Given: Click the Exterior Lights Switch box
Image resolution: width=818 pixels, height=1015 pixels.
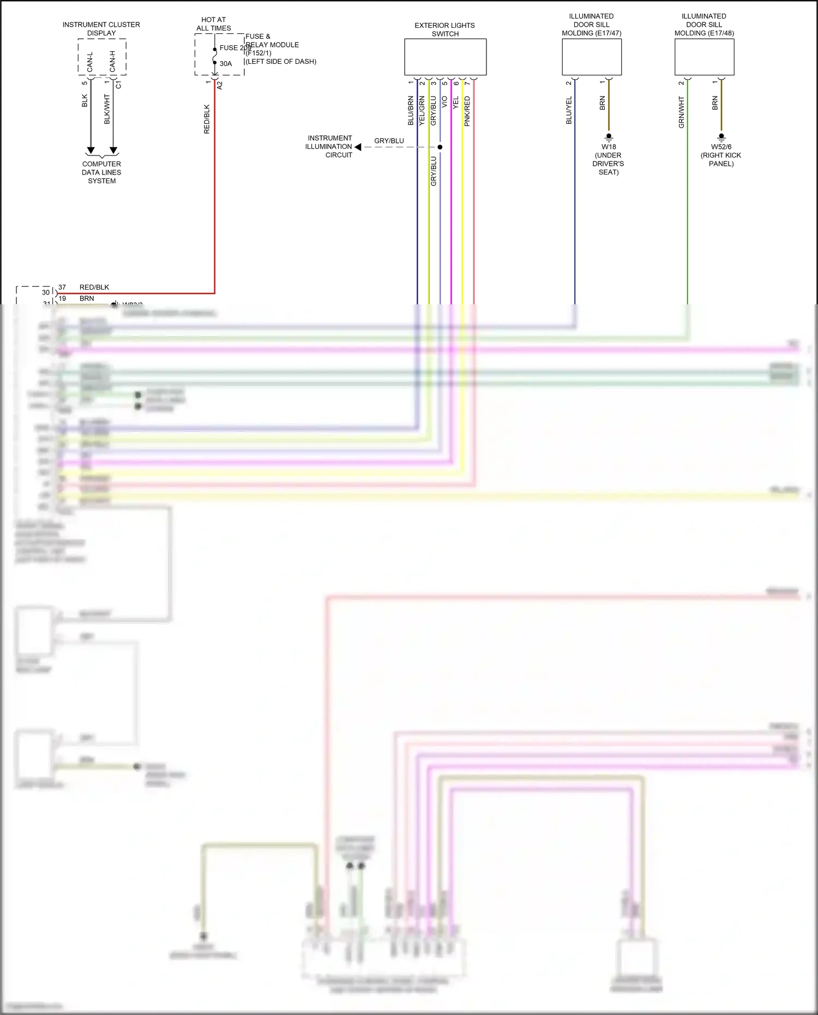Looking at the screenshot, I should coord(445,57).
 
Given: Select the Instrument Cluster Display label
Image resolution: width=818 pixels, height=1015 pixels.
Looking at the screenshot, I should coord(101,29).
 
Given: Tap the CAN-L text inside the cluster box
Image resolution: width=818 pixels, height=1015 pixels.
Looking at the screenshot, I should coord(90,62).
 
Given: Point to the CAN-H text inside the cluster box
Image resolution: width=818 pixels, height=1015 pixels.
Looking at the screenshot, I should coord(113,62).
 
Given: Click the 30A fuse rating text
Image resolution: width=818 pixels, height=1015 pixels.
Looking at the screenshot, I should coord(226,64).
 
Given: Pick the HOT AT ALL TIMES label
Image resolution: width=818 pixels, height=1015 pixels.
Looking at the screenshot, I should coord(214,24).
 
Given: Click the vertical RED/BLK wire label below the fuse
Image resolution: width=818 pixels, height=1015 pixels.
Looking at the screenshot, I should coord(207,119).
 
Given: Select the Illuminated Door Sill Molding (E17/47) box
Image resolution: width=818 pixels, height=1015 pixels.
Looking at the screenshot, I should coord(592,57).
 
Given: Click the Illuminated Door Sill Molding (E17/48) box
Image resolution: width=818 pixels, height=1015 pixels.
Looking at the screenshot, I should coord(704,57).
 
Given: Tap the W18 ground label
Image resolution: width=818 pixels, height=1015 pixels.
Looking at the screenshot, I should coord(609,147).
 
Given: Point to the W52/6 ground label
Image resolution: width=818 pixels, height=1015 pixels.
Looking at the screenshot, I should coord(721,147).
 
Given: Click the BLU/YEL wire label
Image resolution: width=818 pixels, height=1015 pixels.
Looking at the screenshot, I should coord(569,110).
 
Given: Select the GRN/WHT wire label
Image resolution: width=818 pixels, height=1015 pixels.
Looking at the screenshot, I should coord(681,112).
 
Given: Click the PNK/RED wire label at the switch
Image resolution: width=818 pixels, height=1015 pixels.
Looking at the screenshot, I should coord(467,111).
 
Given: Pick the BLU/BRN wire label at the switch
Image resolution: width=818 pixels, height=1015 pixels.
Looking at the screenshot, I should coord(411,111).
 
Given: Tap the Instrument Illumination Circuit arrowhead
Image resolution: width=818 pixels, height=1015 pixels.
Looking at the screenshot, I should coord(358,147).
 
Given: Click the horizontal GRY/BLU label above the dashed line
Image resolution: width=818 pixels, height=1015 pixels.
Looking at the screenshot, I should coord(389,141).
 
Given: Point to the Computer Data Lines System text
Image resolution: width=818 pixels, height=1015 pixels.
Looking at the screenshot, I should coord(101,172).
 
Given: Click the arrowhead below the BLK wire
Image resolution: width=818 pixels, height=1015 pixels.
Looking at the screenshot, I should coord(91,150).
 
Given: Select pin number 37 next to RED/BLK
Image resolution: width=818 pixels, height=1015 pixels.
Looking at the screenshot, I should coord(62,287).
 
